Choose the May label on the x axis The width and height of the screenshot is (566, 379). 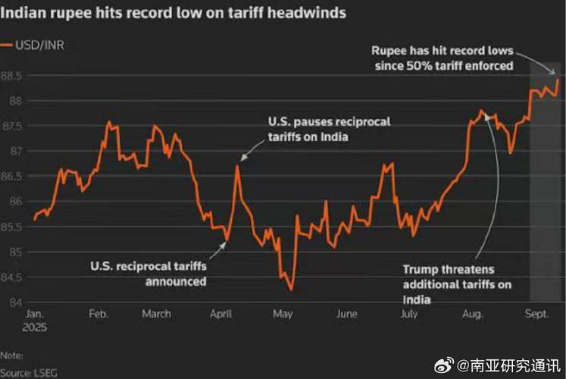282,314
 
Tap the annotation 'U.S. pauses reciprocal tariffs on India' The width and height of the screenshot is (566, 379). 308,129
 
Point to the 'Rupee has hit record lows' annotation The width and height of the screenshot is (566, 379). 442,58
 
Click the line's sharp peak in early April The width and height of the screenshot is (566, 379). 237,166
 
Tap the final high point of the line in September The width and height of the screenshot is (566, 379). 558,79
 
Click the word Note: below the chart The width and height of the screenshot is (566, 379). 11,354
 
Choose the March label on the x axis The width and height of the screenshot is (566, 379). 157,314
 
